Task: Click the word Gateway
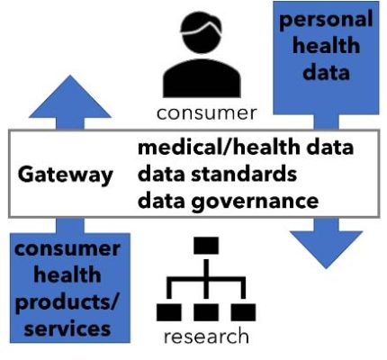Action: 66,175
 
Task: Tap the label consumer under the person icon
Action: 207,113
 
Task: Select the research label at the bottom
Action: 206,337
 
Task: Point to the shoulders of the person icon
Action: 202,78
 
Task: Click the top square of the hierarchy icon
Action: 206,246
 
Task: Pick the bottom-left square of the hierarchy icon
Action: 169,312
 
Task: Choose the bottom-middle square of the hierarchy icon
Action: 206,312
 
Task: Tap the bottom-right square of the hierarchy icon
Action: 243,312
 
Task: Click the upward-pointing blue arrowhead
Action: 70,97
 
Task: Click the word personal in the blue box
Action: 326,20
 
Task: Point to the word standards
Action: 244,174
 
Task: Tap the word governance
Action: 255,202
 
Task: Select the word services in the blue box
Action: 67,328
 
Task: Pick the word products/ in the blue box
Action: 67,302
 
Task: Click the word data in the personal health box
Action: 326,72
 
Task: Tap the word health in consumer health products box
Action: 67,274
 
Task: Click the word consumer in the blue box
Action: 67,249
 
